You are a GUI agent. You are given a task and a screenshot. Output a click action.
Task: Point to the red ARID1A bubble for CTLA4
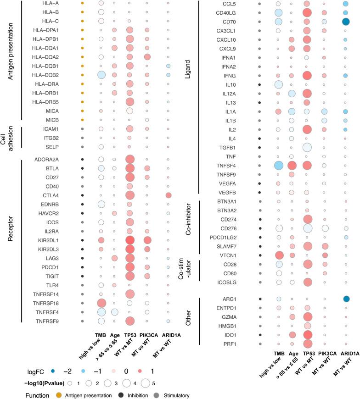(168, 196)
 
